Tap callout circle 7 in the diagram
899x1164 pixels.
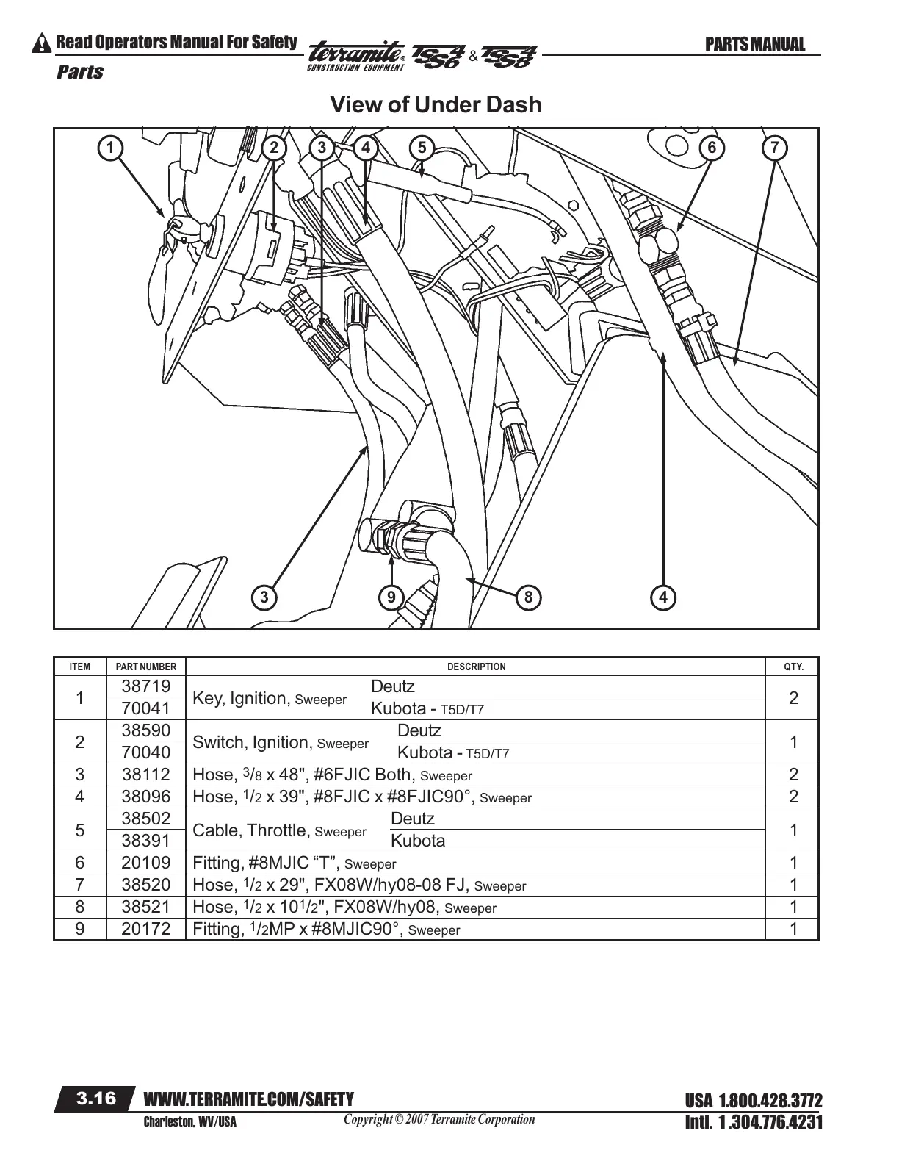pos(775,148)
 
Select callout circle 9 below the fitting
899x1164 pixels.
pos(391,597)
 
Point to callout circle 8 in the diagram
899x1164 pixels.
pos(528,597)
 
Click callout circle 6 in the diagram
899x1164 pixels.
pos(711,148)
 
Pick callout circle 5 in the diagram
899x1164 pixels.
pos(421,148)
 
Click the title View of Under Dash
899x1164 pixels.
pos(436,104)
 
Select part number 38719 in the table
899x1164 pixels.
pos(146,686)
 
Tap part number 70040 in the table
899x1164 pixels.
pos(146,752)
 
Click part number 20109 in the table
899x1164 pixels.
pos(146,863)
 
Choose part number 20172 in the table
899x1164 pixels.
pos(146,929)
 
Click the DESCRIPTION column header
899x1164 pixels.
pos(477,667)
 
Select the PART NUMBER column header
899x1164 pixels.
pos(146,667)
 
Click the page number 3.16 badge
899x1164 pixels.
pos(97,1099)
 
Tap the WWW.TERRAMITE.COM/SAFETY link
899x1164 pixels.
pos(249,1099)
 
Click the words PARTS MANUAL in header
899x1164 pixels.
pos(754,45)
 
